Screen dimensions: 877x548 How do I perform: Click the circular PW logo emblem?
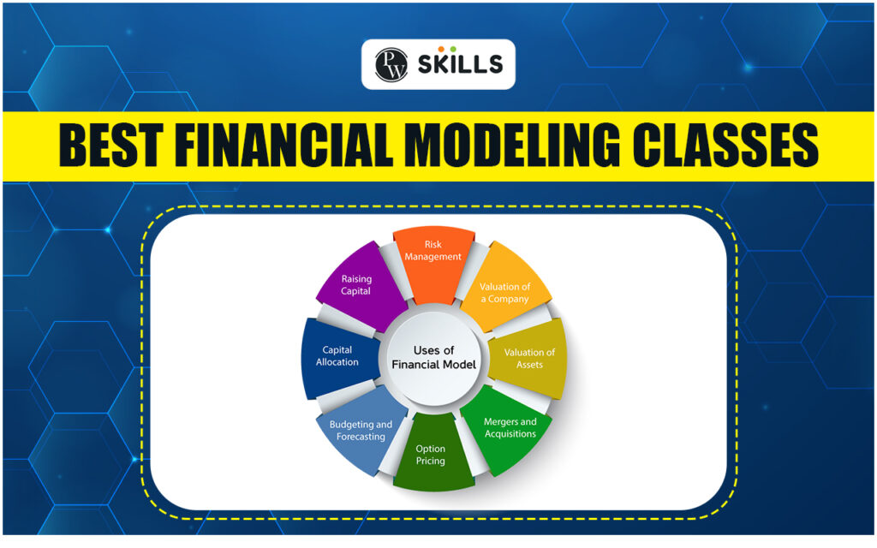[x=391, y=65]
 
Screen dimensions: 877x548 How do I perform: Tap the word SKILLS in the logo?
[x=460, y=65]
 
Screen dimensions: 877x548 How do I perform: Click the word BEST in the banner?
[x=110, y=146]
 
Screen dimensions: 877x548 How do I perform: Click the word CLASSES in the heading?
[x=725, y=146]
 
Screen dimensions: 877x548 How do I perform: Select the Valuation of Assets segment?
[x=528, y=358]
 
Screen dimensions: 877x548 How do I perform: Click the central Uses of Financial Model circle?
[x=433, y=358]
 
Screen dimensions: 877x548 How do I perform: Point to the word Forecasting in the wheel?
[x=361, y=437]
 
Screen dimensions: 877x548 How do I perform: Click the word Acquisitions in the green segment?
[x=510, y=434]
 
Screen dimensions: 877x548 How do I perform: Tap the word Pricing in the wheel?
[x=430, y=462]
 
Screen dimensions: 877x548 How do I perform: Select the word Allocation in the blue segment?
[x=337, y=362]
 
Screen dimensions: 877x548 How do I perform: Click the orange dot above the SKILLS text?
[x=441, y=49]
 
